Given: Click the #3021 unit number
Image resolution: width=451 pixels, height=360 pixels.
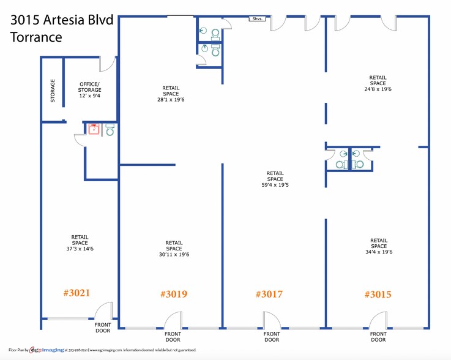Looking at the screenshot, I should tap(76, 293).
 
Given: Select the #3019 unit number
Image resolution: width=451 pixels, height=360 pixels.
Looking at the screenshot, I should tap(173, 294).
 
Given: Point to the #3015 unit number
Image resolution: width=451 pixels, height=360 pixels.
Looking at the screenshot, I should tap(377, 294).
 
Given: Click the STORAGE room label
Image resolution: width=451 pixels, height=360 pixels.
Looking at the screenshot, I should tap(53, 91).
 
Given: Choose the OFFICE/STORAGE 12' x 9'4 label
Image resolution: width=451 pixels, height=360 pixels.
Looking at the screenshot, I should tap(89, 90).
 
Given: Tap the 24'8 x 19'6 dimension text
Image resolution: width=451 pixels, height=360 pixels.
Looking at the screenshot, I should tap(378, 89).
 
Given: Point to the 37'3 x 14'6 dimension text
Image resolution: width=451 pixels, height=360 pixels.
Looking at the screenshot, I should tap(80, 248).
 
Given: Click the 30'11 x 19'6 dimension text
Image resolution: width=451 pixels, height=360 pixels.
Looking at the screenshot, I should tap(173, 255).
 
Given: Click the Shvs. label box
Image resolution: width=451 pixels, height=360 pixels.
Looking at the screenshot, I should tap(257, 19).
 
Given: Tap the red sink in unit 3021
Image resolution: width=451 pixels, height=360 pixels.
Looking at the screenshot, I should tap(94, 129).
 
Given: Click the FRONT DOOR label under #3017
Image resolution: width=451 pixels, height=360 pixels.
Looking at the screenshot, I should tap(272, 336).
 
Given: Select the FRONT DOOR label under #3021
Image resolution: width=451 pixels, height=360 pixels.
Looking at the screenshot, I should tap(103, 328).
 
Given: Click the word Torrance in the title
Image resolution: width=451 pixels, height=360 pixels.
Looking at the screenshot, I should tap(36, 37).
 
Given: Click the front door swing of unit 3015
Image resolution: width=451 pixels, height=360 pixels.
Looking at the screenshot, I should tap(378, 320).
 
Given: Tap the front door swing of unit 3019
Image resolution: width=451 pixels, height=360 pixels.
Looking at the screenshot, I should tap(173, 320).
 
